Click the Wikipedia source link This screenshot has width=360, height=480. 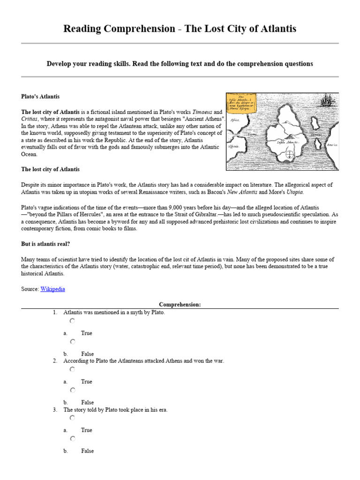click(x=52, y=289)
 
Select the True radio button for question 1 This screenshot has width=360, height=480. click(x=72, y=321)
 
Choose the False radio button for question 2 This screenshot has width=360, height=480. click(x=72, y=390)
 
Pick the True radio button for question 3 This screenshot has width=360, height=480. click(x=72, y=418)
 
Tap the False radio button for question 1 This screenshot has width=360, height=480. click(x=72, y=342)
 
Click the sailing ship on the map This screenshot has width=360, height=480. click(x=327, y=100)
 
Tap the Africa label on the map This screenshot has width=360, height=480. click(x=234, y=120)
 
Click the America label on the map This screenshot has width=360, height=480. click(x=332, y=145)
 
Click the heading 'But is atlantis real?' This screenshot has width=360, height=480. click(x=45, y=244)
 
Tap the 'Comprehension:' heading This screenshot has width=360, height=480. click(x=180, y=305)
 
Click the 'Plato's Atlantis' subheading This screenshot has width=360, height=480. click(x=40, y=97)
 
